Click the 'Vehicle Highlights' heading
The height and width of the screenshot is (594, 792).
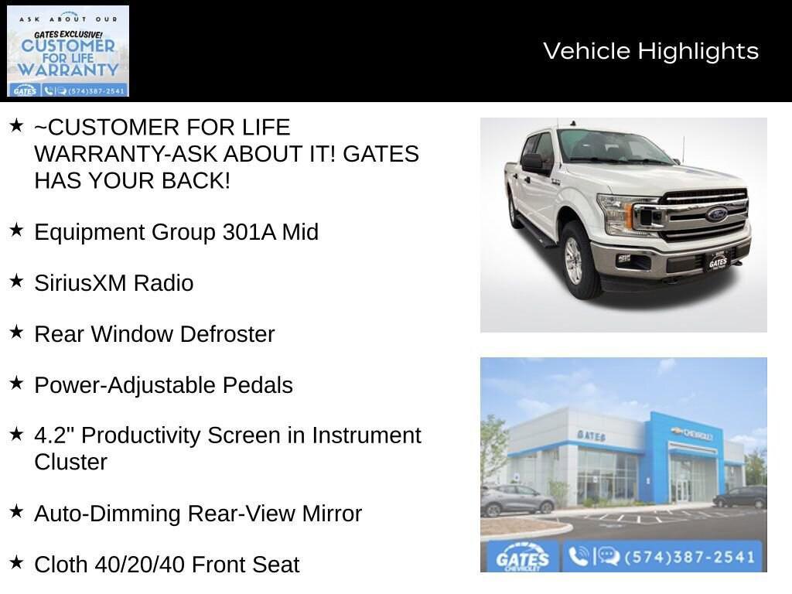650,51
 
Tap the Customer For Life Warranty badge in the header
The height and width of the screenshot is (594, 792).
68,51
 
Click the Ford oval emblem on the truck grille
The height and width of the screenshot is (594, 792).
716,214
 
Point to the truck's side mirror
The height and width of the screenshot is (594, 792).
533,162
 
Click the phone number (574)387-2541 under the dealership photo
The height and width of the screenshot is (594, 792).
688,557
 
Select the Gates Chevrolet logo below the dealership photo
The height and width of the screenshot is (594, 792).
523,558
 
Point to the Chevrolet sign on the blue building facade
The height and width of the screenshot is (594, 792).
692,433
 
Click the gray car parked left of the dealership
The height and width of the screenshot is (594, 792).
517,500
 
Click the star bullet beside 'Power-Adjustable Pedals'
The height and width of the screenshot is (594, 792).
16,383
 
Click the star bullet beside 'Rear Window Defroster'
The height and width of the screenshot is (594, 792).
16,332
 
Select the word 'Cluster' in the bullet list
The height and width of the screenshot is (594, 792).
70,462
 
